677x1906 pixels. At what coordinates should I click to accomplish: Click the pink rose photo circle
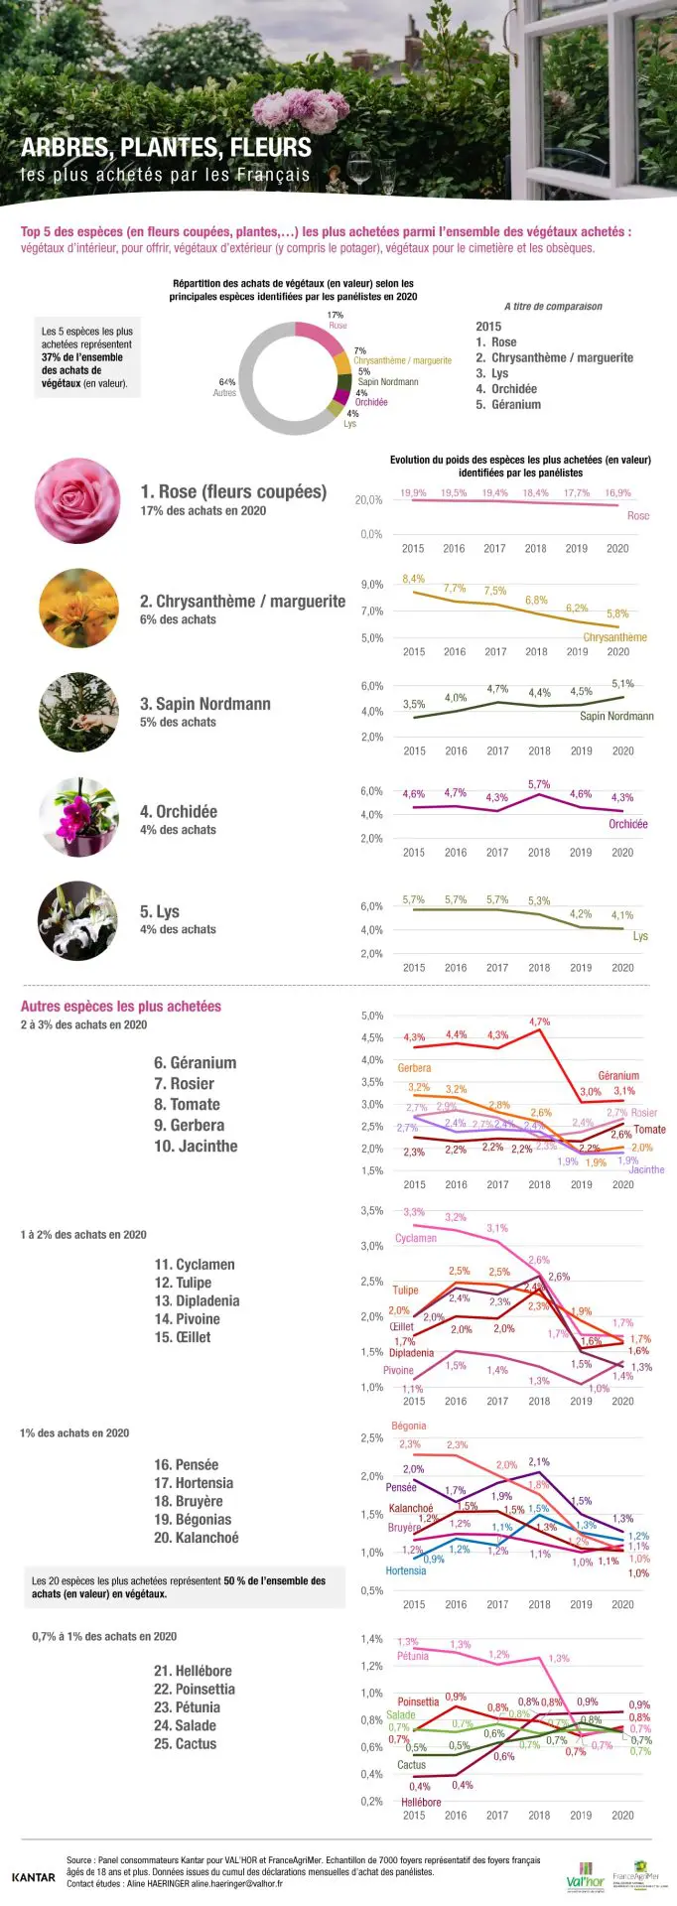tap(77, 500)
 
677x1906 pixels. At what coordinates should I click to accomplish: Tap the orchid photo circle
tap(78, 817)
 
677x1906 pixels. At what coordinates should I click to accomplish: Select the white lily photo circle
tap(77, 920)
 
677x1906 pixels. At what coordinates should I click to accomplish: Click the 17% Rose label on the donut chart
tap(337, 320)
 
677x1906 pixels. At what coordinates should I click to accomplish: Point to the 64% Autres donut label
tap(225, 387)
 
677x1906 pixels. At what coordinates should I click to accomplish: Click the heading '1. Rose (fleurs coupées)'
tap(233, 491)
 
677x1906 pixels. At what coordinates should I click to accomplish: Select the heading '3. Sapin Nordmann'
tap(205, 704)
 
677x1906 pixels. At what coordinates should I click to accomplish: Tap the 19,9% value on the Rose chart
tap(413, 492)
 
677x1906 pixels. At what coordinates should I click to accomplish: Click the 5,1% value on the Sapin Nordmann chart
tap(622, 683)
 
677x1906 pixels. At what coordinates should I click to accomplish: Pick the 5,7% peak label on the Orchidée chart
tap(539, 784)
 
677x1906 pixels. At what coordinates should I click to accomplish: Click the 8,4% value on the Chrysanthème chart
tap(413, 579)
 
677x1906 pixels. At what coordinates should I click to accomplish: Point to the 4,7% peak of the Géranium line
tap(539, 1021)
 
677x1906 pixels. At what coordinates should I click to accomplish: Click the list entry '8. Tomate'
tap(187, 1104)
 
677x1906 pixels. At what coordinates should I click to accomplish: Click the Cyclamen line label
tap(416, 1238)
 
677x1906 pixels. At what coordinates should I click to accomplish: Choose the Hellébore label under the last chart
tap(421, 1802)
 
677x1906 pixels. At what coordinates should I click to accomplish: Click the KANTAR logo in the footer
tap(34, 1877)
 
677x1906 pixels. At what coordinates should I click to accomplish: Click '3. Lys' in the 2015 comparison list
tap(492, 373)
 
